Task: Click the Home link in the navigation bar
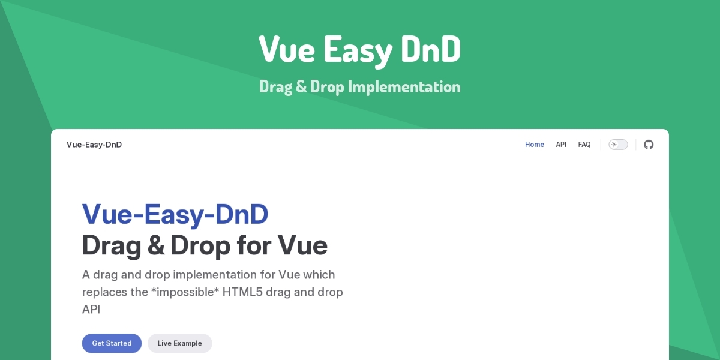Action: click(534, 145)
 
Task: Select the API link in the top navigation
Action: click(561, 145)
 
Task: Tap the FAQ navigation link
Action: click(584, 145)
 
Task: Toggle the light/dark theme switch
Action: click(618, 145)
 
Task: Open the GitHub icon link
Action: click(649, 145)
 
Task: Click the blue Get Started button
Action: click(112, 343)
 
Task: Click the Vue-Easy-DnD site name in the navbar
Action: click(94, 145)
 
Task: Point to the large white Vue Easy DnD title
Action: click(359, 50)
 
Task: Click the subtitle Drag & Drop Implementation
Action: click(359, 87)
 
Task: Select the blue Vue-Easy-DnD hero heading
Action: click(175, 214)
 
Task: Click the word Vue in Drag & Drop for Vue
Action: click(302, 245)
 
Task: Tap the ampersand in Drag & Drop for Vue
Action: click(156, 245)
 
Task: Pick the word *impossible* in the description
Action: click(185, 292)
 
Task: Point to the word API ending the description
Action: click(91, 310)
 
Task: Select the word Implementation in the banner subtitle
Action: click(404, 87)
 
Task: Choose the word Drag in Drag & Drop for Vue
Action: click(112, 246)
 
